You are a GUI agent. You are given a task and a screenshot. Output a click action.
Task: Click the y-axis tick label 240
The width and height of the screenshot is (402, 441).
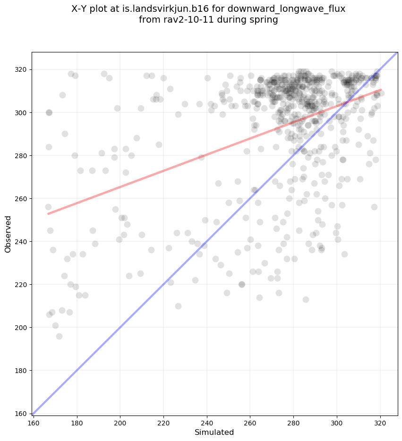tap(21, 241)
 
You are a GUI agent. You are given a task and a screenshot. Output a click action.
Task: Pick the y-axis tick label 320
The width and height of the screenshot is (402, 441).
tap(21, 69)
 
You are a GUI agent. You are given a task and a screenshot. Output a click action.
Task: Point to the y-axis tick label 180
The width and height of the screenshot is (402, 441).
tap(21, 370)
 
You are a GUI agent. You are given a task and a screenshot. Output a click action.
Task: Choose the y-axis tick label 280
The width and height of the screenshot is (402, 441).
tap(21, 155)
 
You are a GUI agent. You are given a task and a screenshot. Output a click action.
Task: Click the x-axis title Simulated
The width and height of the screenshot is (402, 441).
tap(215, 433)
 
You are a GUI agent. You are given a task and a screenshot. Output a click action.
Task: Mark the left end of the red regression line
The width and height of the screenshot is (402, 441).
tap(48, 214)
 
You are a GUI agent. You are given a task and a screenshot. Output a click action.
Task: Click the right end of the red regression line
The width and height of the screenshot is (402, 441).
tap(381, 90)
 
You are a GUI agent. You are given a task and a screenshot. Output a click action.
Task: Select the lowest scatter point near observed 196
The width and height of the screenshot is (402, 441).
tap(59, 336)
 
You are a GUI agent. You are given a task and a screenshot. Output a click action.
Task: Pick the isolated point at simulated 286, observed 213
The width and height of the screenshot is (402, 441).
tap(306, 299)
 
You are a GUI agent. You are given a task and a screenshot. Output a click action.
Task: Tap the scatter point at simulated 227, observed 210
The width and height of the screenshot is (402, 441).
tap(178, 306)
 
